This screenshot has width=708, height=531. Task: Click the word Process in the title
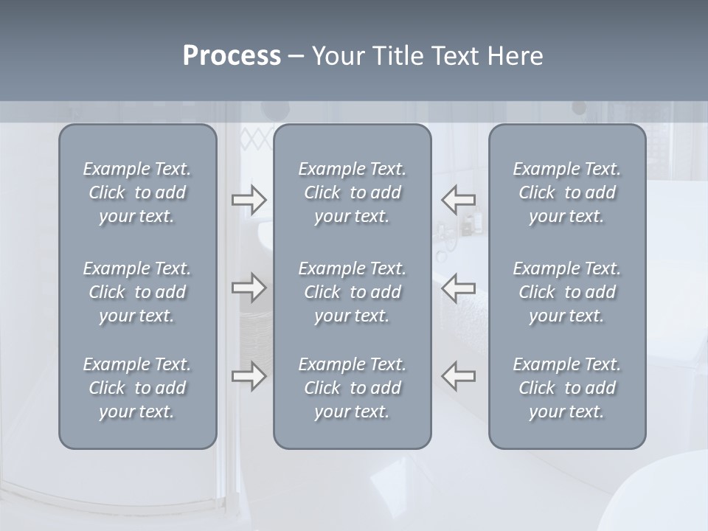(x=232, y=56)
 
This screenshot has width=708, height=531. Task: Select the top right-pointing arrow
(x=249, y=200)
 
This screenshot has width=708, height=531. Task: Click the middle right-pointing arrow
(x=249, y=287)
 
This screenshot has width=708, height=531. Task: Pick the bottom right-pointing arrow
(x=249, y=375)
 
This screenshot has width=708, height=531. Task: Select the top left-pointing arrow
(x=459, y=200)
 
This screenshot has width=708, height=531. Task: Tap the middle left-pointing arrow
(x=459, y=287)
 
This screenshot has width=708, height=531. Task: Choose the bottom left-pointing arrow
(x=459, y=375)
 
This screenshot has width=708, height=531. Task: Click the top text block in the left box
(x=137, y=192)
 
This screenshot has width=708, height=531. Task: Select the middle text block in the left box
(x=137, y=292)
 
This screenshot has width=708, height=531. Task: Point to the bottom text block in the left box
(x=137, y=388)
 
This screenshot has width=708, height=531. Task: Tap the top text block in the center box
(x=353, y=192)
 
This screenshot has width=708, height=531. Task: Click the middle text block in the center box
(x=353, y=292)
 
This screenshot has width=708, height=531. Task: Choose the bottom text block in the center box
(x=353, y=388)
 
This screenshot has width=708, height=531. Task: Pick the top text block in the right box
(x=567, y=192)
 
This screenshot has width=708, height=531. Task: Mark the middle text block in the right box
(x=567, y=292)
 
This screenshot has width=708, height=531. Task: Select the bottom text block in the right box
(x=567, y=388)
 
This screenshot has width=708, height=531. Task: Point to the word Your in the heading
(x=337, y=56)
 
